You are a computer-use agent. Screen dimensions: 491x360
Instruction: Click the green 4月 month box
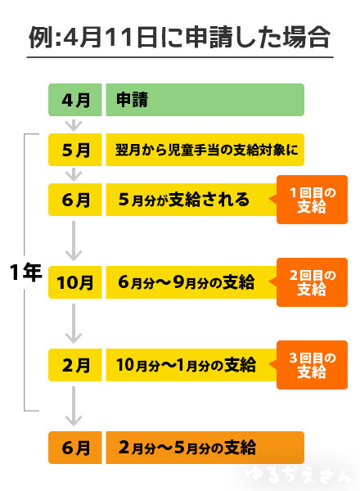(74, 100)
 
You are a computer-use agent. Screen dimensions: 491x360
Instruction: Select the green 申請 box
(205, 100)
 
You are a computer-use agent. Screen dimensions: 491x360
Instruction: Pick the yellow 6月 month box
(74, 200)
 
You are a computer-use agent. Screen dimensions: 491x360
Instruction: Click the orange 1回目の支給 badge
(312, 200)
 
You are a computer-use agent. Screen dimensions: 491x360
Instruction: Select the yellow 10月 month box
(74, 283)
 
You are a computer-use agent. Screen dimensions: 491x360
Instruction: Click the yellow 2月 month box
(74, 365)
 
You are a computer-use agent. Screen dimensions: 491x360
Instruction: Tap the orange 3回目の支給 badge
(312, 365)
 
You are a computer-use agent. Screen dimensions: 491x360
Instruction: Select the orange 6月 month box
(74, 448)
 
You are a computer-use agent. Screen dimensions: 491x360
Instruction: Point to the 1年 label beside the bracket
(25, 273)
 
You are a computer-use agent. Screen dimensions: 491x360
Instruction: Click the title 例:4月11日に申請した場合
(179, 37)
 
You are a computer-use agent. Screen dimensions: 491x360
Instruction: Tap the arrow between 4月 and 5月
(74, 124)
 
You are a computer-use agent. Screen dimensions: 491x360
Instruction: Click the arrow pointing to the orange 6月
(74, 407)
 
